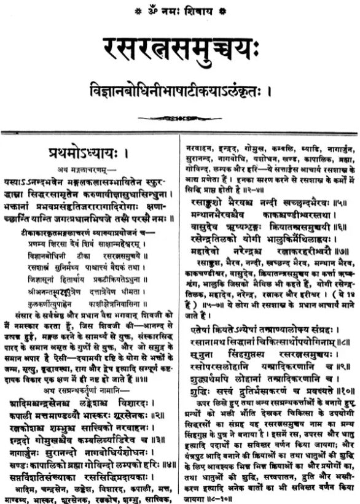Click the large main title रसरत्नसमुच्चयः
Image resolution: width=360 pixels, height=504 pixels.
coord(180,47)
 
